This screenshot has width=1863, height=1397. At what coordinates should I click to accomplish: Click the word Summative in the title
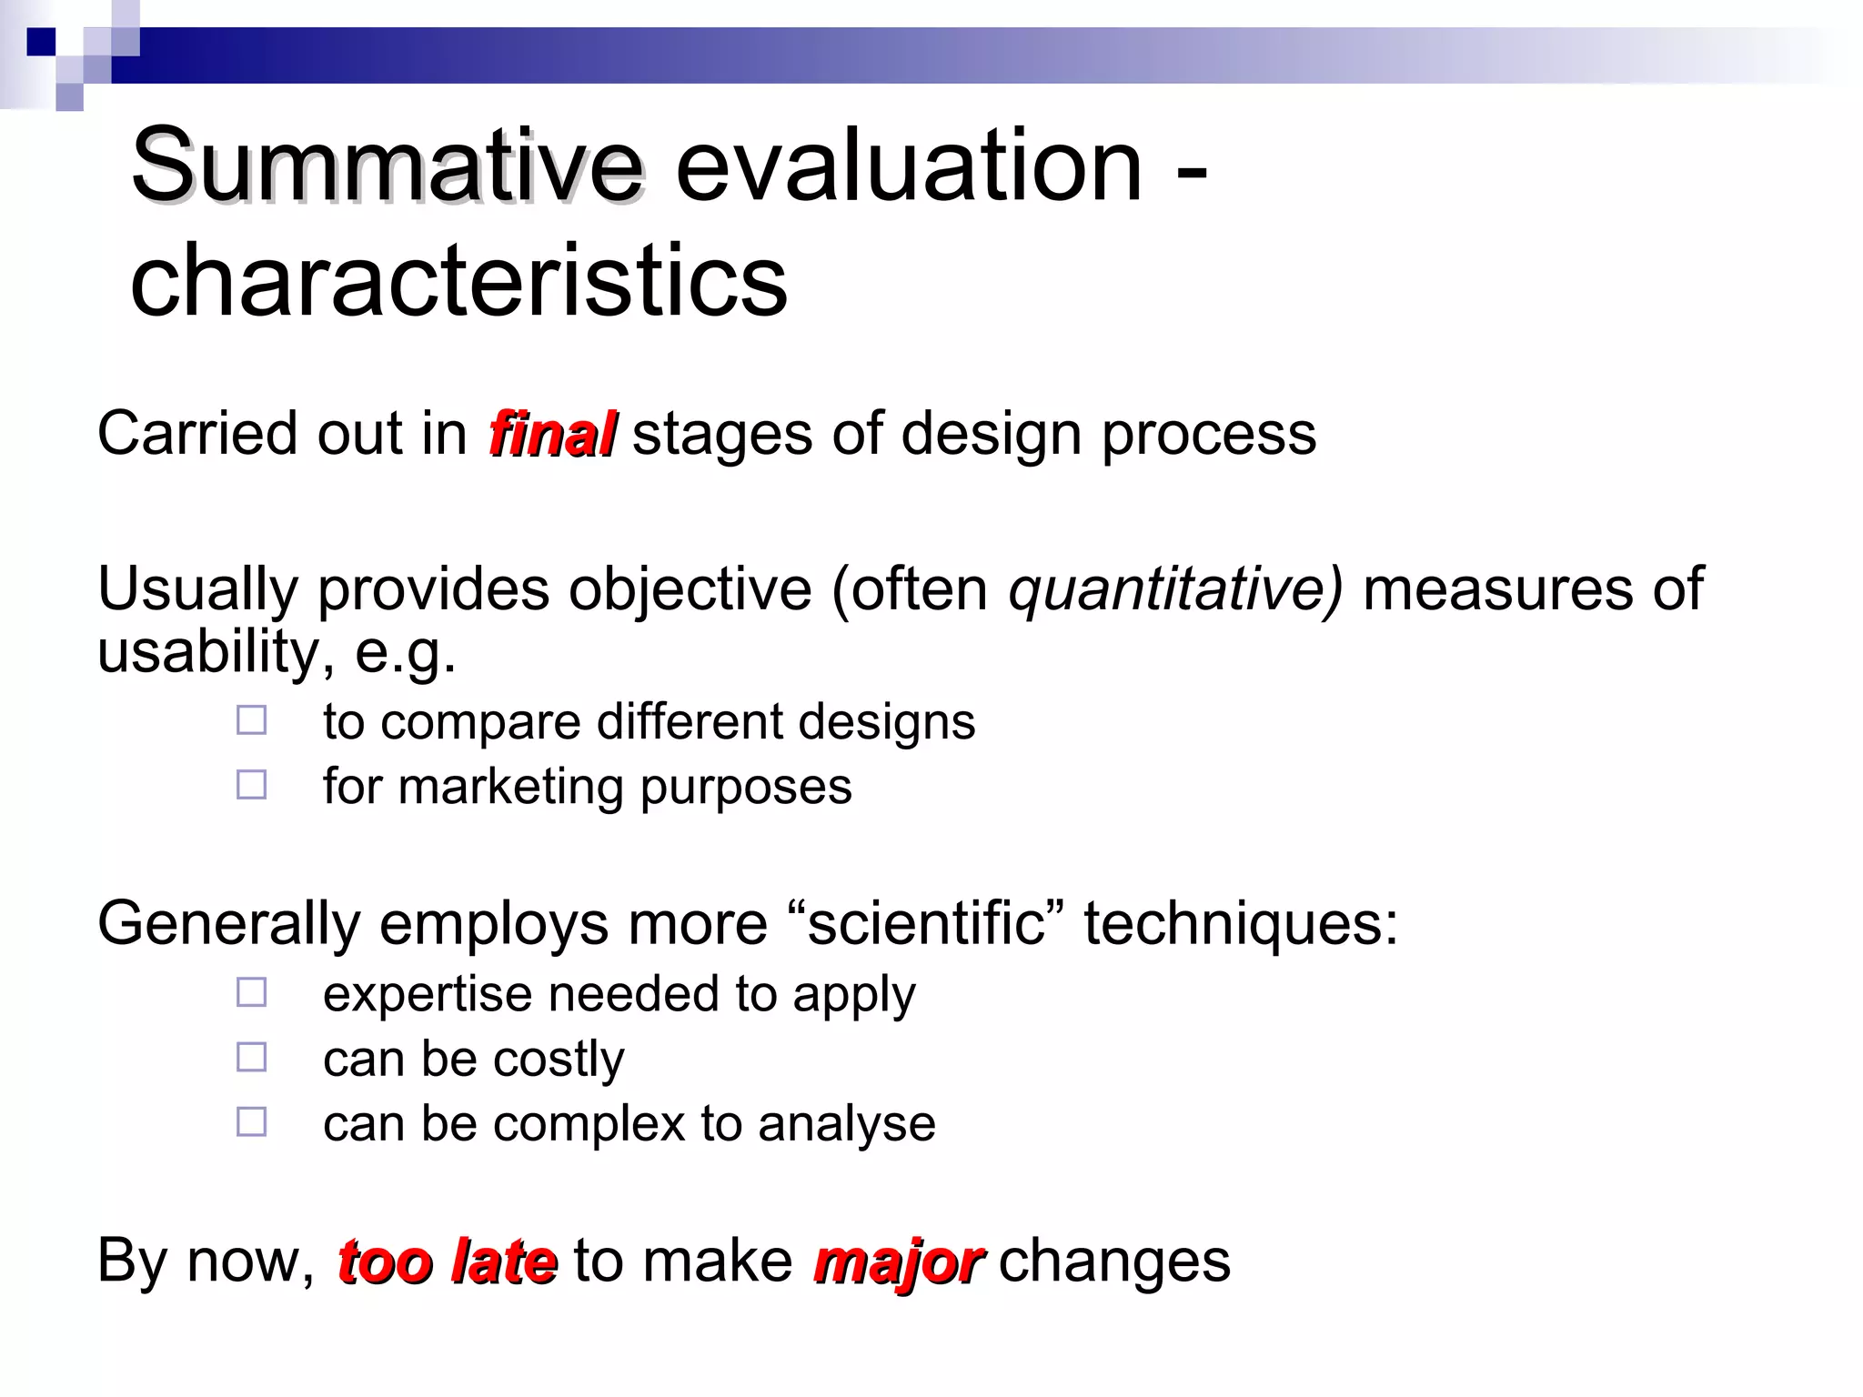coord(387,166)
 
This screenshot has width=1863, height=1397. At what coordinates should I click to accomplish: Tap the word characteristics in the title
coord(458,282)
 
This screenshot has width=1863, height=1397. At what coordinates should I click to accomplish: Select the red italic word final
coord(552,434)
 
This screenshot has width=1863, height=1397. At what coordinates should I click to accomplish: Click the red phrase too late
coord(446,1261)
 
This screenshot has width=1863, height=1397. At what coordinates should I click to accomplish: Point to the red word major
coord(897,1261)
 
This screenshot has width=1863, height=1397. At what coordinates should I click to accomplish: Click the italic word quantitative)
coord(1174,588)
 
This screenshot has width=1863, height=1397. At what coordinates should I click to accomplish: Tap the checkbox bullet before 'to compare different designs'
coord(252,720)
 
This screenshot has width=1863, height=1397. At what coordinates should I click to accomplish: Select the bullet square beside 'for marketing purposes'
coord(252,785)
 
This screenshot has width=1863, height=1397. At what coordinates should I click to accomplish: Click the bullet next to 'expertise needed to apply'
coord(252,992)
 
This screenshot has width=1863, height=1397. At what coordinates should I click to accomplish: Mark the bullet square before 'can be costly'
coord(252,1057)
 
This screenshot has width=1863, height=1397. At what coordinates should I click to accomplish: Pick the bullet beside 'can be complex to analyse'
coord(252,1121)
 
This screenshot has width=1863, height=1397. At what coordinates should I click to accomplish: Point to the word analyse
coord(846,1123)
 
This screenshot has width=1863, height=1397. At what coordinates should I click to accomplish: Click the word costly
coord(559,1060)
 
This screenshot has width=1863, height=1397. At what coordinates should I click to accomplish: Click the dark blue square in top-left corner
coord(41,42)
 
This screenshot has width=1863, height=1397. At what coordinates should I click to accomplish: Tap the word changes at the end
coord(1114,1261)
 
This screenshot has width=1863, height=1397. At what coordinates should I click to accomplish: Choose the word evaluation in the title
coord(908,166)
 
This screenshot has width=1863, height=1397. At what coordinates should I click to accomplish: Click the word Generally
coord(228,923)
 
